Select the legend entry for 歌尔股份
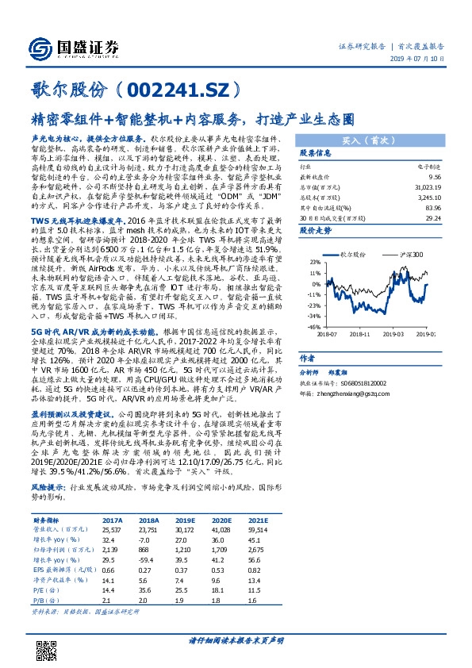353,254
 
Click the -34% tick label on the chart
314,316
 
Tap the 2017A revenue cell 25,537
113,529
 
